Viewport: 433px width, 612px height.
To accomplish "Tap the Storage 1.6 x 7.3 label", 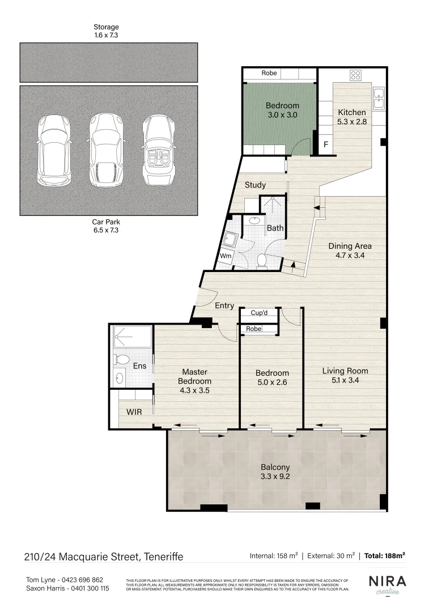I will point(107,31).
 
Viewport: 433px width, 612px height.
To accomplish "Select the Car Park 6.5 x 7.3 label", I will point(107,226).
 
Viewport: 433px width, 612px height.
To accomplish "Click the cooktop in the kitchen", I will point(356,75).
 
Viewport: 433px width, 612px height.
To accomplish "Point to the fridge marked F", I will point(326,145).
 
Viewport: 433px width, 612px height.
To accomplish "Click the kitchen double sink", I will point(378,97).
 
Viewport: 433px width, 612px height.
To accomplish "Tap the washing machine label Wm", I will point(225,256).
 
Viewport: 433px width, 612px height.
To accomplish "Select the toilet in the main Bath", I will point(262,260).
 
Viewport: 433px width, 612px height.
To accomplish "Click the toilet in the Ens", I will point(121,359).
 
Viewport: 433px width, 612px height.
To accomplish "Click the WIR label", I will point(134,412).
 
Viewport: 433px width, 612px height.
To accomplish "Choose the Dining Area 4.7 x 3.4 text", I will point(350,250).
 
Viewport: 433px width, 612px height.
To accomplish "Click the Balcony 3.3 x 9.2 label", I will point(275,472).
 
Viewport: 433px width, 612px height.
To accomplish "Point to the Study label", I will point(255,185).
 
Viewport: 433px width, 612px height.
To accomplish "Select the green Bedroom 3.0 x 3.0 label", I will point(282,110).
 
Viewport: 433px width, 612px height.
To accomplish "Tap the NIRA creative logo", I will point(387,585).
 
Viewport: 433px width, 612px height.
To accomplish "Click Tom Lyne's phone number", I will point(81,580).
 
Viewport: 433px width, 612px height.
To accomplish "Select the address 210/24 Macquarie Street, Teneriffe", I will point(104,556).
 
